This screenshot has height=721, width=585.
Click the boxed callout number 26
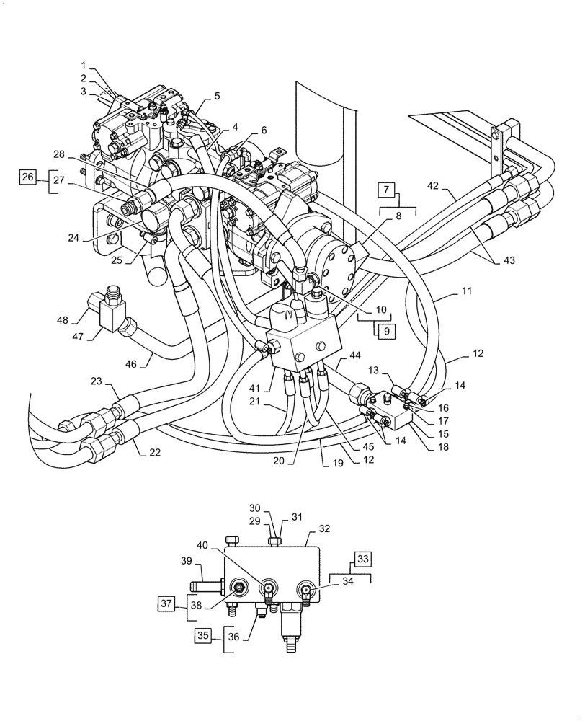(27, 177)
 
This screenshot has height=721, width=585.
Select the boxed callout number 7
(386, 190)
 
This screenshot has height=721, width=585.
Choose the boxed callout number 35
(205, 636)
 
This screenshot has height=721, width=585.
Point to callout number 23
(97, 380)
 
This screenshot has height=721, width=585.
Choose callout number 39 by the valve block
(185, 561)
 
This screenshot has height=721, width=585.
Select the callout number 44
(354, 355)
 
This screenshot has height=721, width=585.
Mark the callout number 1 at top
(84, 64)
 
